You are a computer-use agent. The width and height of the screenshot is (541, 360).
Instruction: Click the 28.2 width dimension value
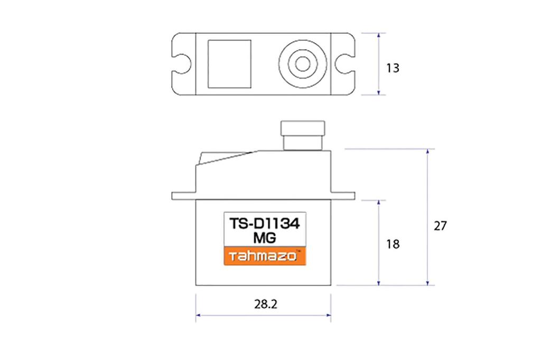point(263,305)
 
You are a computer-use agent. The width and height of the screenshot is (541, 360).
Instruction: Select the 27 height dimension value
point(440,226)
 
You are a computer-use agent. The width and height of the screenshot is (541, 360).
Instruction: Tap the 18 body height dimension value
point(393,244)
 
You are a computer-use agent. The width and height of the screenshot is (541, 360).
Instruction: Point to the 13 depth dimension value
point(393,69)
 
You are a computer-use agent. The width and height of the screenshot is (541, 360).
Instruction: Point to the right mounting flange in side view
point(343,195)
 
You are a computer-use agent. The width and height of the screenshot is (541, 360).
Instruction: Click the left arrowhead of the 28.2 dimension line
point(198,317)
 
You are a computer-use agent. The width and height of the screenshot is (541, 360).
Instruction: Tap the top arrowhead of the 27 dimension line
point(427,151)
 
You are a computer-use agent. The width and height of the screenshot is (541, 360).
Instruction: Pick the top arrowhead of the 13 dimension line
point(379,35)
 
